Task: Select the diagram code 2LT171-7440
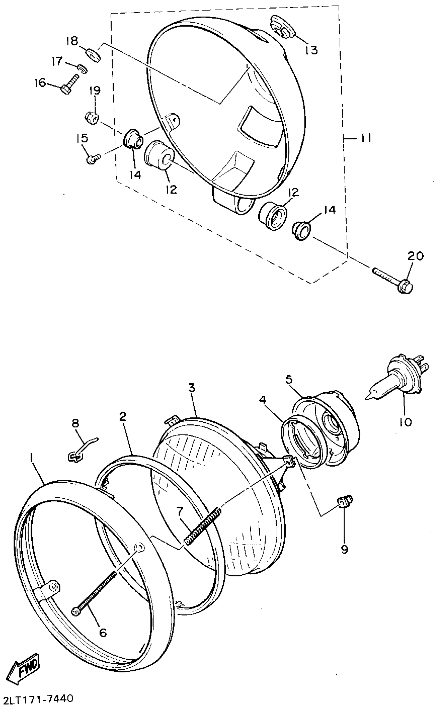(37, 705)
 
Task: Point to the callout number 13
(311, 50)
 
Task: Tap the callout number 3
(192, 388)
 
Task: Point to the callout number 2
(123, 416)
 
